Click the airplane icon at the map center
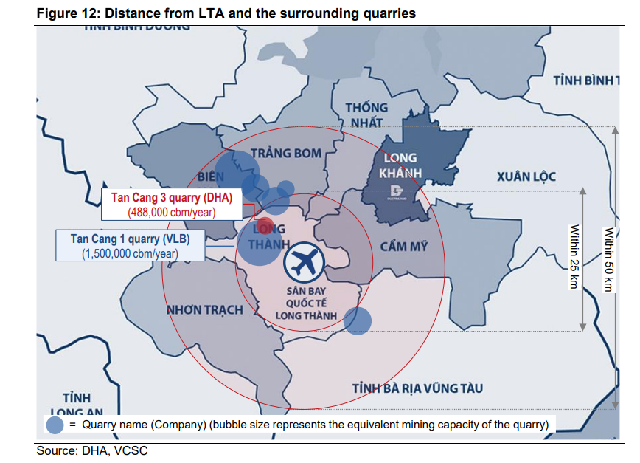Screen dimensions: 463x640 305,260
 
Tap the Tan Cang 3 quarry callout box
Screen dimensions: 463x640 171,205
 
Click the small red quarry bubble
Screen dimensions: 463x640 265,225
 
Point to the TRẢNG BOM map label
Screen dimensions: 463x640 286,153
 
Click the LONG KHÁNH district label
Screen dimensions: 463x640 400,165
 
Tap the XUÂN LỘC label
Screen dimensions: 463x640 526,176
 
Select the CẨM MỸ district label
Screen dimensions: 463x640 404,246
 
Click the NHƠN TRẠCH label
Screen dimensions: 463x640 204,309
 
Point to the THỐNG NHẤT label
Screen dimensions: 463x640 366,114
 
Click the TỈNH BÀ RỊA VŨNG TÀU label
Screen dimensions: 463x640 417,388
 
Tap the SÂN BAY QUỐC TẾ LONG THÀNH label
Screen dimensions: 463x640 306,303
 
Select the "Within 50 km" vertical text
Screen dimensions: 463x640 608,258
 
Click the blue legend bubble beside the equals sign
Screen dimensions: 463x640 55,425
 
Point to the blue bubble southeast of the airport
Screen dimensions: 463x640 358,320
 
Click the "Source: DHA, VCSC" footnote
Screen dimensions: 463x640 92,450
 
